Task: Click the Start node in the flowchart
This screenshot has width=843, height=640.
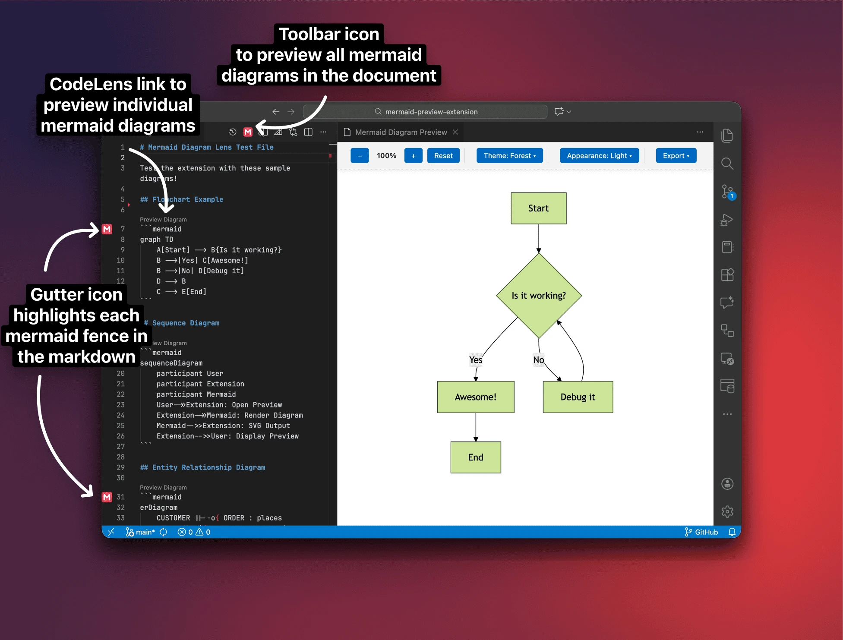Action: [538, 208]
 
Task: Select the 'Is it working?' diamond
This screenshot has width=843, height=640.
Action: [539, 296]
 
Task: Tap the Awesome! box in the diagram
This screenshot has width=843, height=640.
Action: [475, 397]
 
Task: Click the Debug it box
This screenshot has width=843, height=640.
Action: [578, 397]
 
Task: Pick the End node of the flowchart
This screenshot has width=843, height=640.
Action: [476, 457]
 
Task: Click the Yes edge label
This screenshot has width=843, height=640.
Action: [476, 360]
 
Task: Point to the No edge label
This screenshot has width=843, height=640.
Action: [539, 360]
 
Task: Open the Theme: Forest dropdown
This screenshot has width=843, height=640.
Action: [509, 156]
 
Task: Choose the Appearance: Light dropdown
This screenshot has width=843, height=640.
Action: [599, 156]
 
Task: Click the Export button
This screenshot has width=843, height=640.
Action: [676, 156]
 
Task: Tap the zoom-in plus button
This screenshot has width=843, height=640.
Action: [413, 156]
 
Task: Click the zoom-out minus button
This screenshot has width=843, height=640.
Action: [360, 156]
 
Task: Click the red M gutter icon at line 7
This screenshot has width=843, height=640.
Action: [107, 229]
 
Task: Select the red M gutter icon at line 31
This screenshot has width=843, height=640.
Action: [107, 497]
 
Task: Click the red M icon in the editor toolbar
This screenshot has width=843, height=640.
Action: [248, 132]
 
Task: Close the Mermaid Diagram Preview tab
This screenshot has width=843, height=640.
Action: [455, 132]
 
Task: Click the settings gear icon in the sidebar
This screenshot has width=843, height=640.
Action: [727, 512]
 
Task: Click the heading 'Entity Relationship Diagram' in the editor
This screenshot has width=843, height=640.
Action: [208, 467]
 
